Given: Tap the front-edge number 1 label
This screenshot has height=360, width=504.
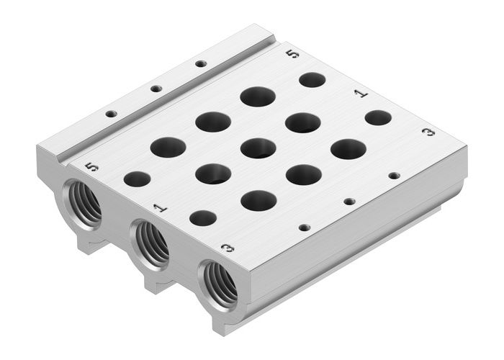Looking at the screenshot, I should click(x=160, y=207).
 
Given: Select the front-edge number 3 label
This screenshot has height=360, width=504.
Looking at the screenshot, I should click(x=228, y=248).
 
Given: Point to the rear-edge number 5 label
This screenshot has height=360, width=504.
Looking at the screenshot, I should click(x=292, y=54).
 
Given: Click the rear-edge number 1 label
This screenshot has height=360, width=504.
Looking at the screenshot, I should click(x=361, y=93).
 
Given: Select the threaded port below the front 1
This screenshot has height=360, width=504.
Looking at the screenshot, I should click(x=150, y=244).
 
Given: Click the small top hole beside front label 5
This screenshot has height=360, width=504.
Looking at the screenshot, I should click(x=137, y=179).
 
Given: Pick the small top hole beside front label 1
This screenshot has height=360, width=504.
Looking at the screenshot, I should click(x=203, y=217).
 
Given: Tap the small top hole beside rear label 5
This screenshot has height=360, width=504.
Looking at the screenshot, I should click(x=312, y=79).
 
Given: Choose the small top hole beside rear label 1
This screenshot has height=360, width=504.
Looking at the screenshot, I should click(x=378, y=117).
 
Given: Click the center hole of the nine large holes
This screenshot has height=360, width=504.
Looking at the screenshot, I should click(x=258, y=148).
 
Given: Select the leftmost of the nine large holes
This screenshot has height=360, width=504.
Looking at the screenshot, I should click(x=168, y=147).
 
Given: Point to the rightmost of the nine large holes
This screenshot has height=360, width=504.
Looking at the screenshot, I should click(x=348, y=149).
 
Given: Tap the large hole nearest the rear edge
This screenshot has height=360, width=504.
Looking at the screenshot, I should click(x=258, y=96).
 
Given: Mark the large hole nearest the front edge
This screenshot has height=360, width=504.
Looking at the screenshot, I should click(x=258, y=200).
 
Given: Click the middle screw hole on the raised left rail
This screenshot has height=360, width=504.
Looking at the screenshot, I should click(x=156, y=89).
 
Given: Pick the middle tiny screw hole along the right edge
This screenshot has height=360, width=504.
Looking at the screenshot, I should click(x=349, y=201).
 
